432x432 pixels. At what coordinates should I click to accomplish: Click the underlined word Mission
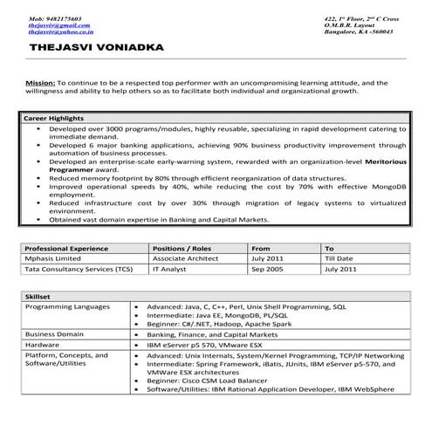(40, 82)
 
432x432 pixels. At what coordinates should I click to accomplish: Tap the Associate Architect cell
(183, 259)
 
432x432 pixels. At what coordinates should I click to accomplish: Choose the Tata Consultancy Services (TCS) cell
(77, 271)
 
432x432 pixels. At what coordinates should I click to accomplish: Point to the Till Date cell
(338, 259)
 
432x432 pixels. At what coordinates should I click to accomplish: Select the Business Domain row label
(55, 333)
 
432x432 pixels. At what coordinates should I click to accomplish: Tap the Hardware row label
(43, 345)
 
